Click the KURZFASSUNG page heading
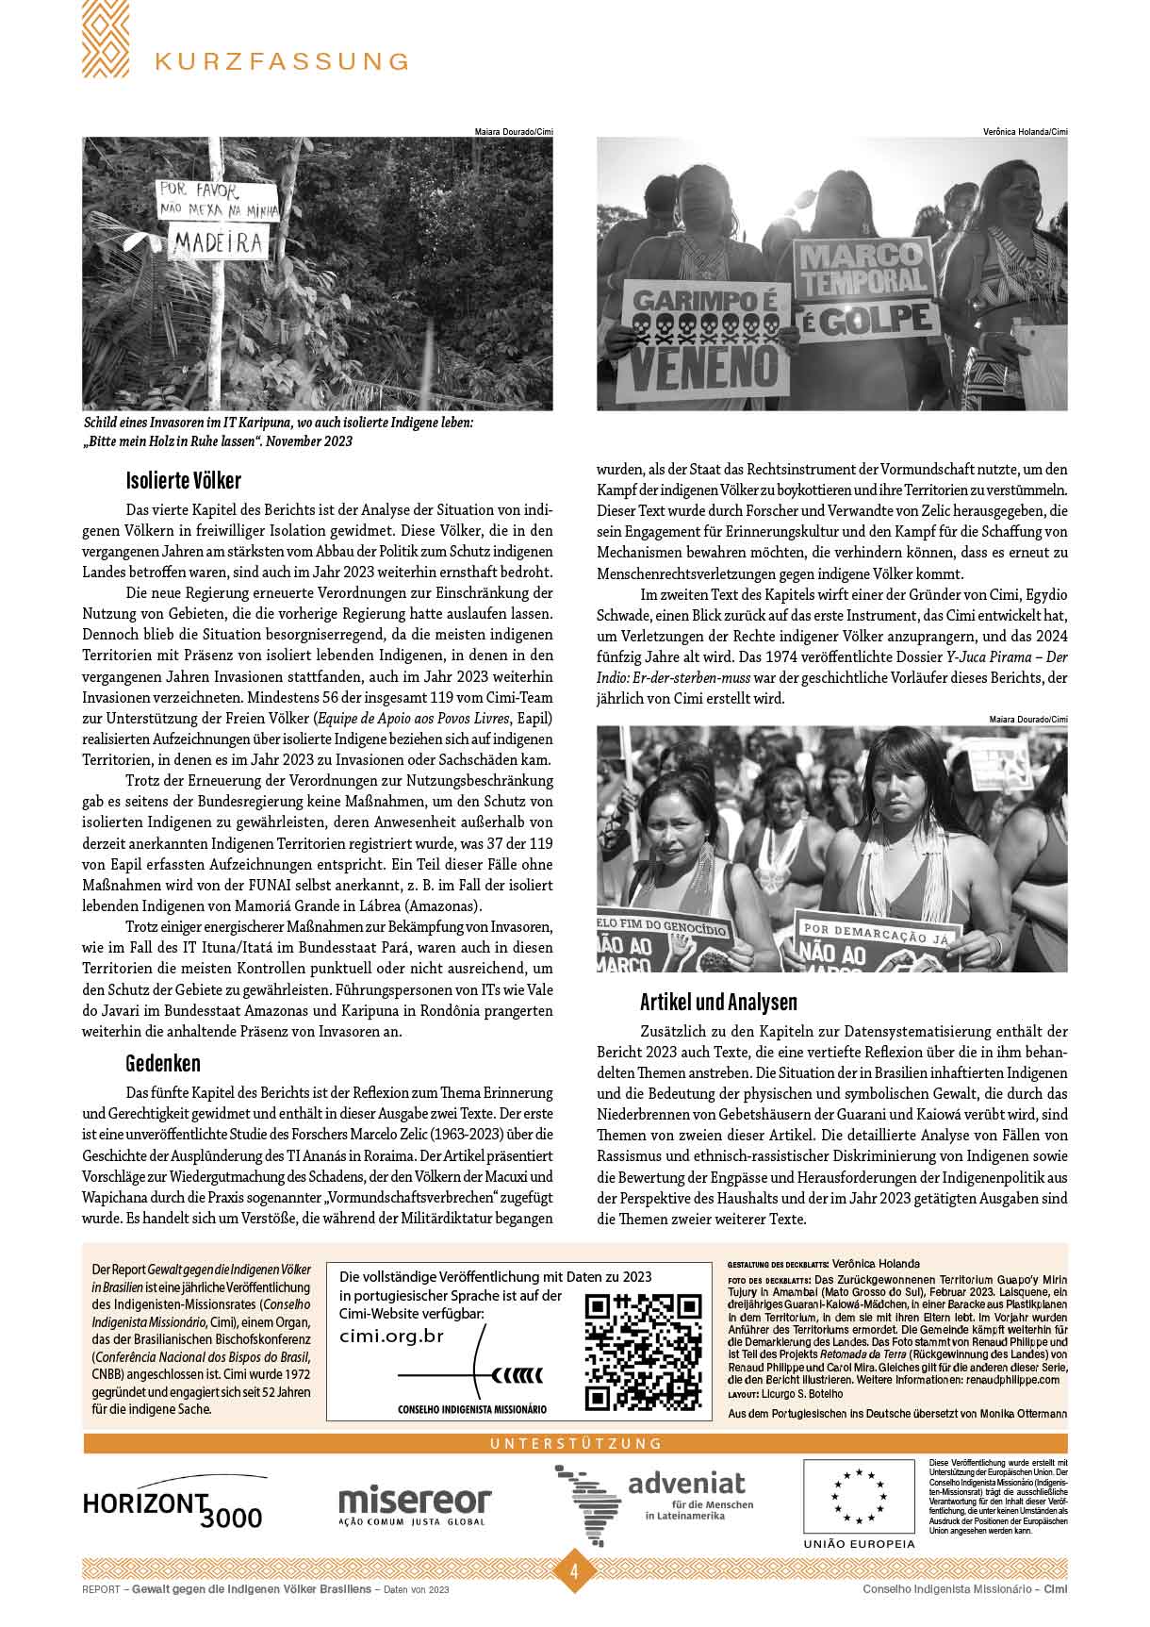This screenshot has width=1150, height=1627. (x=282, y=61)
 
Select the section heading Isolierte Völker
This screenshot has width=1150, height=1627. (x=183, y=480)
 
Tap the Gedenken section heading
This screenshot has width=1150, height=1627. (x=163, y=1063)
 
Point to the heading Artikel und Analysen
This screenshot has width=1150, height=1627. (x=718, y=1002)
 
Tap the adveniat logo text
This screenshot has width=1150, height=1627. (x=686, y=1483)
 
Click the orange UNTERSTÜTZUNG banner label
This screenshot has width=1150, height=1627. (x=575, y=1443)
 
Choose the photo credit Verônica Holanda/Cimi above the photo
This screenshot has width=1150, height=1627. (x=1025, y=132)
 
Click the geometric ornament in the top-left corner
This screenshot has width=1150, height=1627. (x=106, y=39)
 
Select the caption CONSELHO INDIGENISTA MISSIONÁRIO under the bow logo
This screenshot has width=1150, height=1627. (x=472, y=1409)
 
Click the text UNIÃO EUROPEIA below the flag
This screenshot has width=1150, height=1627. (x=858, y=1544)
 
